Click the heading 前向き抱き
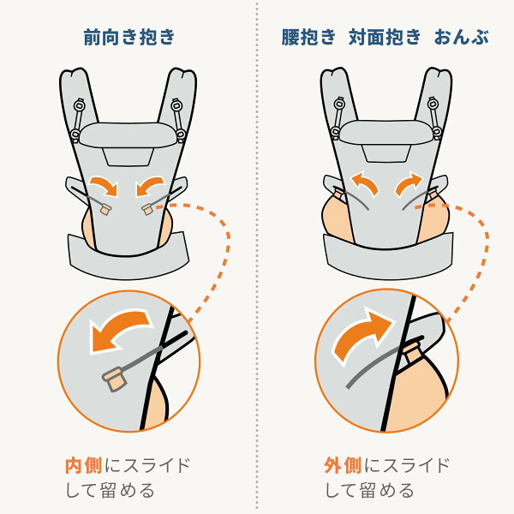pyautogui.click(x=129, y=37)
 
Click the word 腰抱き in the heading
pyautogui.click(x=308, y=37)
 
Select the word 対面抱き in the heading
pyautogui.click(x=385, y=37)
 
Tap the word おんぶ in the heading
pyautogui.click(x=461, y=37)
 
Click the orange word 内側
pyautogui.click(x=84, y=465)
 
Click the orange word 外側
pyautogui.click(x=343, y=465)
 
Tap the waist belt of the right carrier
pyautogui.click(x=388, y=257)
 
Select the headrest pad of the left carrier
pyautogui.click(x=128, y=135)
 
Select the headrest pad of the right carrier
pyautogui.click(x=387, y=133)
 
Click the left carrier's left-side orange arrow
pyautogui.click(x=105, y=185)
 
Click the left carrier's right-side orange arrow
pyautogui.click(x=149, y=185)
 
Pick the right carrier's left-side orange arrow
pyautogui.click(x=365, y=183)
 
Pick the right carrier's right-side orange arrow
pyautogui.click(x=409, y=183)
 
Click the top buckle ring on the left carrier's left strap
pyautogui.click(x=80, y=105)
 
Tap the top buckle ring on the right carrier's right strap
pyautogui.click(x=433, y=104)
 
